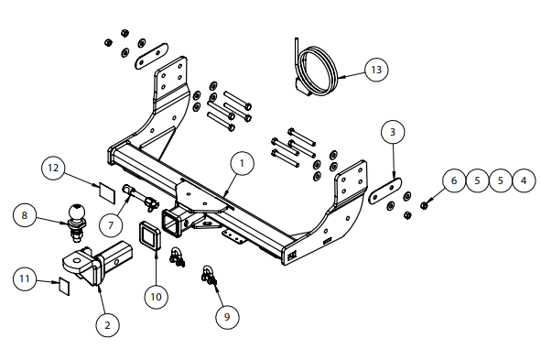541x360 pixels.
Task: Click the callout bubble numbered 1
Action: [242, 163]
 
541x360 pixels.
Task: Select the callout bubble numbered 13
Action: [376, 70]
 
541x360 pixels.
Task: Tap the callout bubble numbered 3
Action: [393, 132]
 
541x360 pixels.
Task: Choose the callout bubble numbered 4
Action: [524, 180]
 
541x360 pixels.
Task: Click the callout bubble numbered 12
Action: [53, 169]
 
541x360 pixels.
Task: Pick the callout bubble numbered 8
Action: [24, 215]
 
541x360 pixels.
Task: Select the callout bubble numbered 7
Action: [111, 225]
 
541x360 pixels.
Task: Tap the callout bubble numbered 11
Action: [25, 278]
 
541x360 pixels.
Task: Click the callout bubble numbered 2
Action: [108, 325]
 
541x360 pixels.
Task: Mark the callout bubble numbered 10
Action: [156, 297]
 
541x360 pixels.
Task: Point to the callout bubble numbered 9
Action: [227, 317]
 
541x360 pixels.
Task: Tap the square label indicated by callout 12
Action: [107, 193]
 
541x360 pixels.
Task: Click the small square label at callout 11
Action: [64, 286]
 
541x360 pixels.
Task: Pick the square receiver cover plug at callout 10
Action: [151, 235]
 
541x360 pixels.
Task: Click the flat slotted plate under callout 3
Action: [384, 191]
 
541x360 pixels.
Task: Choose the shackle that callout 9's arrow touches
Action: [209, 276]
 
